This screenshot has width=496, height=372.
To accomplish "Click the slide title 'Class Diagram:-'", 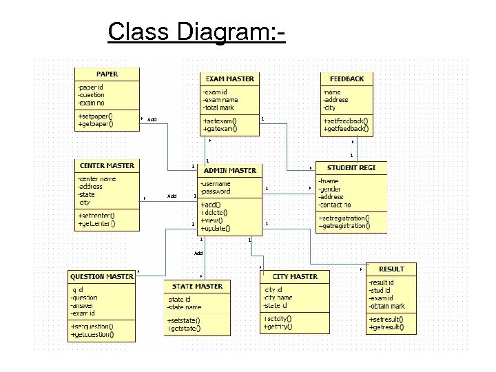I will [x=196, y=32].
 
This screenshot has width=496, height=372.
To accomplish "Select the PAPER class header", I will [x=107, y=74].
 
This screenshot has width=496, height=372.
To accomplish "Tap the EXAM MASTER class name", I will [x=230, y=79].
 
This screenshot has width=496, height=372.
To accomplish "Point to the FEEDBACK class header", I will [x=347, y=79].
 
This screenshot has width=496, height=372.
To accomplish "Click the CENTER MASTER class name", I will [x=107, y=165].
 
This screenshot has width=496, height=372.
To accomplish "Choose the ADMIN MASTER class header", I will [x=230, y=170].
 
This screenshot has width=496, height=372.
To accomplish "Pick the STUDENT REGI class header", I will [x=351, y=168].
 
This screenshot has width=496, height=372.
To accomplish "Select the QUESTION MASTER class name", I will [x=102, y=276].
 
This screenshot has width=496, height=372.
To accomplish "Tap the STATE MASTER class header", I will [x=198, y=286].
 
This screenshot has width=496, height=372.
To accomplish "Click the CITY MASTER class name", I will [x=295, y=276].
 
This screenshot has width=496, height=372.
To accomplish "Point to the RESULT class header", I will [x=391, y=269].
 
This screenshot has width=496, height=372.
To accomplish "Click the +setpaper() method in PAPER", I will [x=96, y=116].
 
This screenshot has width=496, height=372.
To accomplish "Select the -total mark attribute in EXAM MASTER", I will [x=219, y=107].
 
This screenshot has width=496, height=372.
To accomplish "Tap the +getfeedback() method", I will [x=346, y=128].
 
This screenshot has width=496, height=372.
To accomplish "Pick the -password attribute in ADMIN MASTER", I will [x=216, y=192].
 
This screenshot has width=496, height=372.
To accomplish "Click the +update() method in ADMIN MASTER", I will [x=216, y=228].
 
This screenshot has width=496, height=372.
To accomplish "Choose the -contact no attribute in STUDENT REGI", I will [x=335, y=205].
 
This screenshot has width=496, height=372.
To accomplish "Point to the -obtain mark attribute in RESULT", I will [x=387, y=306].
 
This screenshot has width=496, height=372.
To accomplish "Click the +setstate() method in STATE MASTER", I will [x=183, y=320].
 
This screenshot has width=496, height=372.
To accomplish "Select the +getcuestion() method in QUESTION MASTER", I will [x=92, y=335].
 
